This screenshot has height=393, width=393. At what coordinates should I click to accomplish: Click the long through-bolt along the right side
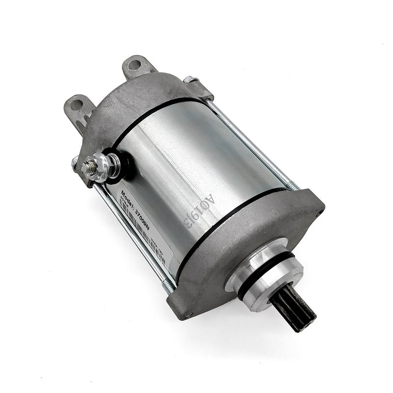click(x=255, y=142)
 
